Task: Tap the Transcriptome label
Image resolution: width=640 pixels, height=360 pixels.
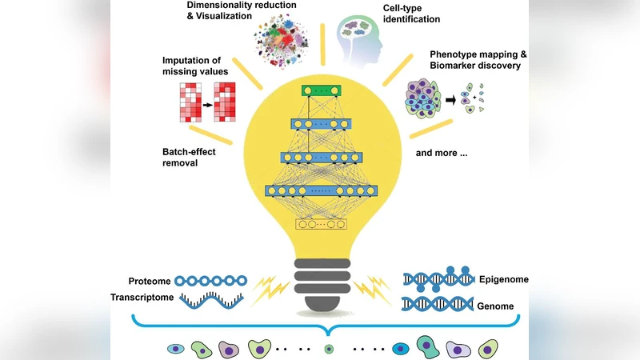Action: [142, 298]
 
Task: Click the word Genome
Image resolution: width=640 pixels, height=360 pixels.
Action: [497, 306]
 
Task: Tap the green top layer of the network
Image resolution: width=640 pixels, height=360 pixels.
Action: [319, 90]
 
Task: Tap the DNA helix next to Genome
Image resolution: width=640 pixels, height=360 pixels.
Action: [437, 304]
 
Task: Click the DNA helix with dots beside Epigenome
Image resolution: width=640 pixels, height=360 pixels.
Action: [437, 277]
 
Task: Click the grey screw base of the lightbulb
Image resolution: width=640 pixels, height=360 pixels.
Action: [320, 284]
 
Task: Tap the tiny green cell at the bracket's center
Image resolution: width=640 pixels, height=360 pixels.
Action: [327, 350]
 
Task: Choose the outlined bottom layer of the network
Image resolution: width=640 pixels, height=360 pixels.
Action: [320, 224]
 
